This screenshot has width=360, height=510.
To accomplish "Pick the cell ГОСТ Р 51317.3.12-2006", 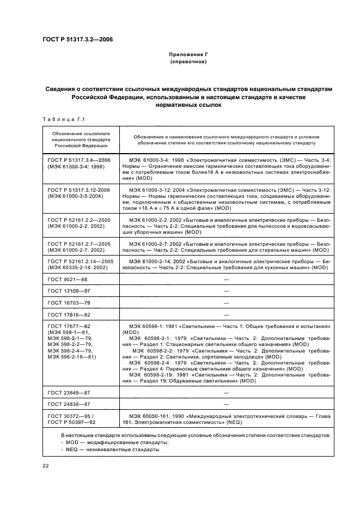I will (x=78, y=190).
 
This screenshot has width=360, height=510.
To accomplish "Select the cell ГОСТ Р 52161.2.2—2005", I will (x=78, y=219).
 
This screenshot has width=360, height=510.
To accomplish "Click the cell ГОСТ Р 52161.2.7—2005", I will (x=78, y=244).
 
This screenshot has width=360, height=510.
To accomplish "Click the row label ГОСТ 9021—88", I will (x=68, y=279).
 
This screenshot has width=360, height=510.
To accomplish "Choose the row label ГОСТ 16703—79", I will (x=69, y=302).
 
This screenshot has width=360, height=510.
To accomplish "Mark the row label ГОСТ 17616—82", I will (x=69, y=314).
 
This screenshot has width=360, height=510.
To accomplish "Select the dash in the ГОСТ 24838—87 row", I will (x=226, y=404).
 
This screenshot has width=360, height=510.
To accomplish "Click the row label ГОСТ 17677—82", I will (x=69, y=326).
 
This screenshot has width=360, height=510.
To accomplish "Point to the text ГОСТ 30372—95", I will (x=69, y=416).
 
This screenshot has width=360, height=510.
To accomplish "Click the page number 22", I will (x=46, y=465).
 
